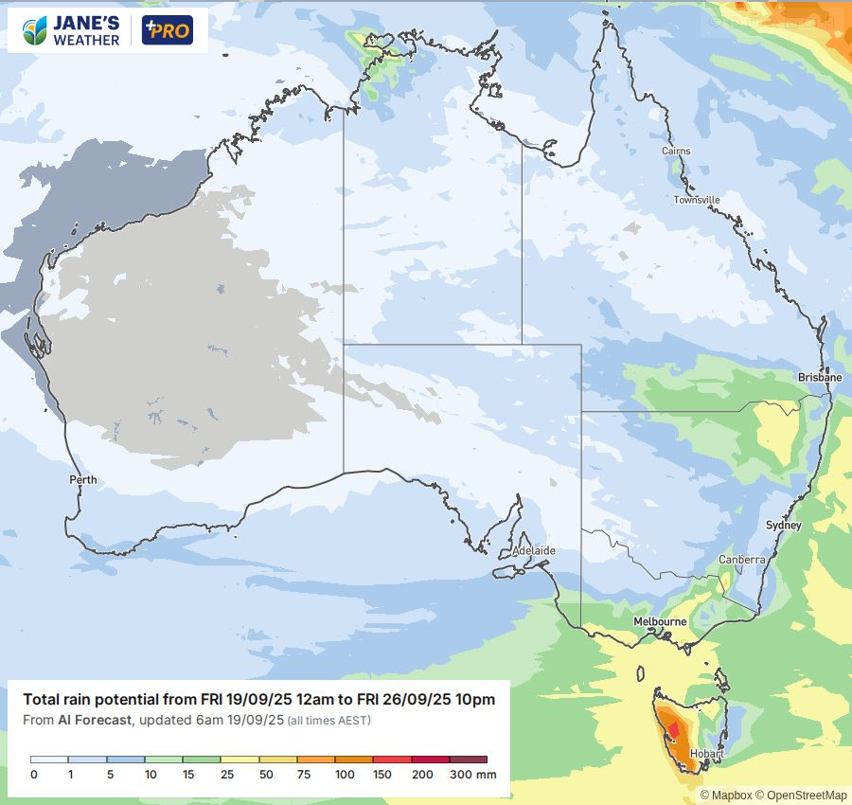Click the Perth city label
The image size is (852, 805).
click(x=83, y=480)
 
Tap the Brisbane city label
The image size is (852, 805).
click(x=819, y=377)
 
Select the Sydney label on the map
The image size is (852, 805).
click(x=783, y=526)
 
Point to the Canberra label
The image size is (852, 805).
click(x=741, y=560)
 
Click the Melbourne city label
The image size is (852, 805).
click(x=660, y=621)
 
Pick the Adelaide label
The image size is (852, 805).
click(x=533, y=550)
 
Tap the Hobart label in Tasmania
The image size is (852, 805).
click(x=706, y=754)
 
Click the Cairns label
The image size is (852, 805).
click(x=676, y=152)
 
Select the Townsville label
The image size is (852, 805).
click(x=697, y=200)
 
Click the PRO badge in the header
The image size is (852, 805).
click(x=167, y=30)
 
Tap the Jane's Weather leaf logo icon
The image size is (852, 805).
click(x=36, y=30)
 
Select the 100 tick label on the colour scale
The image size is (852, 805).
click(x=345, y=775)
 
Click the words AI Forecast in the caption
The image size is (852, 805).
click(x=93, y=721)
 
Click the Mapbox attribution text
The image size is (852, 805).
click(x=732, y=796)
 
